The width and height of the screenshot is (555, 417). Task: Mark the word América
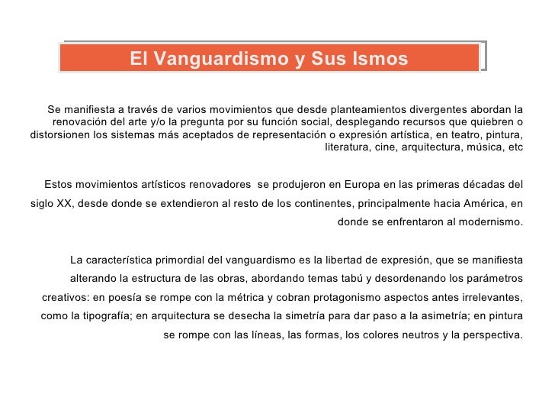479,203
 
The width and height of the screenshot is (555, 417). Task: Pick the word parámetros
493,277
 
